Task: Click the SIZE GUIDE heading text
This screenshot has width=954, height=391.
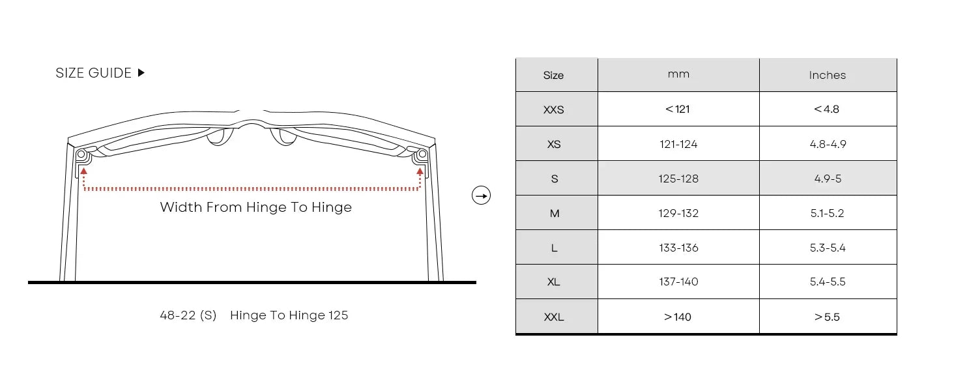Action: pos(93,73)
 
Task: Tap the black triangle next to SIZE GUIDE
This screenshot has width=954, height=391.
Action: pos(141,73)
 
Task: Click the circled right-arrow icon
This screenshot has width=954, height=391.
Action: pos(481,195)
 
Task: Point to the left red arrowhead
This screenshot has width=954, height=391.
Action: pos(84,171)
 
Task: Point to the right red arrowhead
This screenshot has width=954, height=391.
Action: pos(420,171)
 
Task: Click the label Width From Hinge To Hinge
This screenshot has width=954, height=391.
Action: pos(256,207)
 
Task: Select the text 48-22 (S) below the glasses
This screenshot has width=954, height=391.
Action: pos(188,315)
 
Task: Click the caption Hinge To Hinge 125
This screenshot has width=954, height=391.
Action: pos(289,315)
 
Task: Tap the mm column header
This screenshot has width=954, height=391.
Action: pos(678,74)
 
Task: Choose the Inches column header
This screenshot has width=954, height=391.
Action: pos(828,75)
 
